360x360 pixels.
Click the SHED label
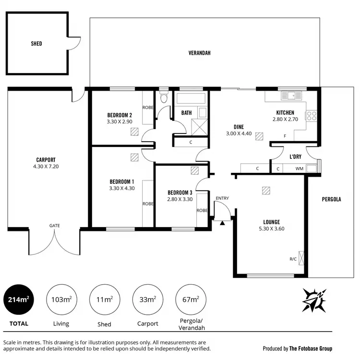[36, 44]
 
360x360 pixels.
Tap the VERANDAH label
[199, 53]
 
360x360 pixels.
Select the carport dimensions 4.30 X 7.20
[47, 167]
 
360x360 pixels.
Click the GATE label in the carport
[54, 226]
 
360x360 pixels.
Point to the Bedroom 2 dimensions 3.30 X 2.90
[120, 122]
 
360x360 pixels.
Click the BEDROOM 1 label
[122, 181]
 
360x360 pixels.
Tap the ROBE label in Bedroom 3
[202, 210]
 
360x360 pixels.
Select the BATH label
[186, 113]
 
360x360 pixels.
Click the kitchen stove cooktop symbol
[312, 115]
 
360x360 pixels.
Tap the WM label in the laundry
[299, 168]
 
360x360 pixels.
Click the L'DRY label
[295, 157]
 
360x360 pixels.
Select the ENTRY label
[222, 198]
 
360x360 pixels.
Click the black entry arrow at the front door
[222, 222]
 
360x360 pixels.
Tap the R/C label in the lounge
[293, 259]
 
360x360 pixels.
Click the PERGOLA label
[331, 199]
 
